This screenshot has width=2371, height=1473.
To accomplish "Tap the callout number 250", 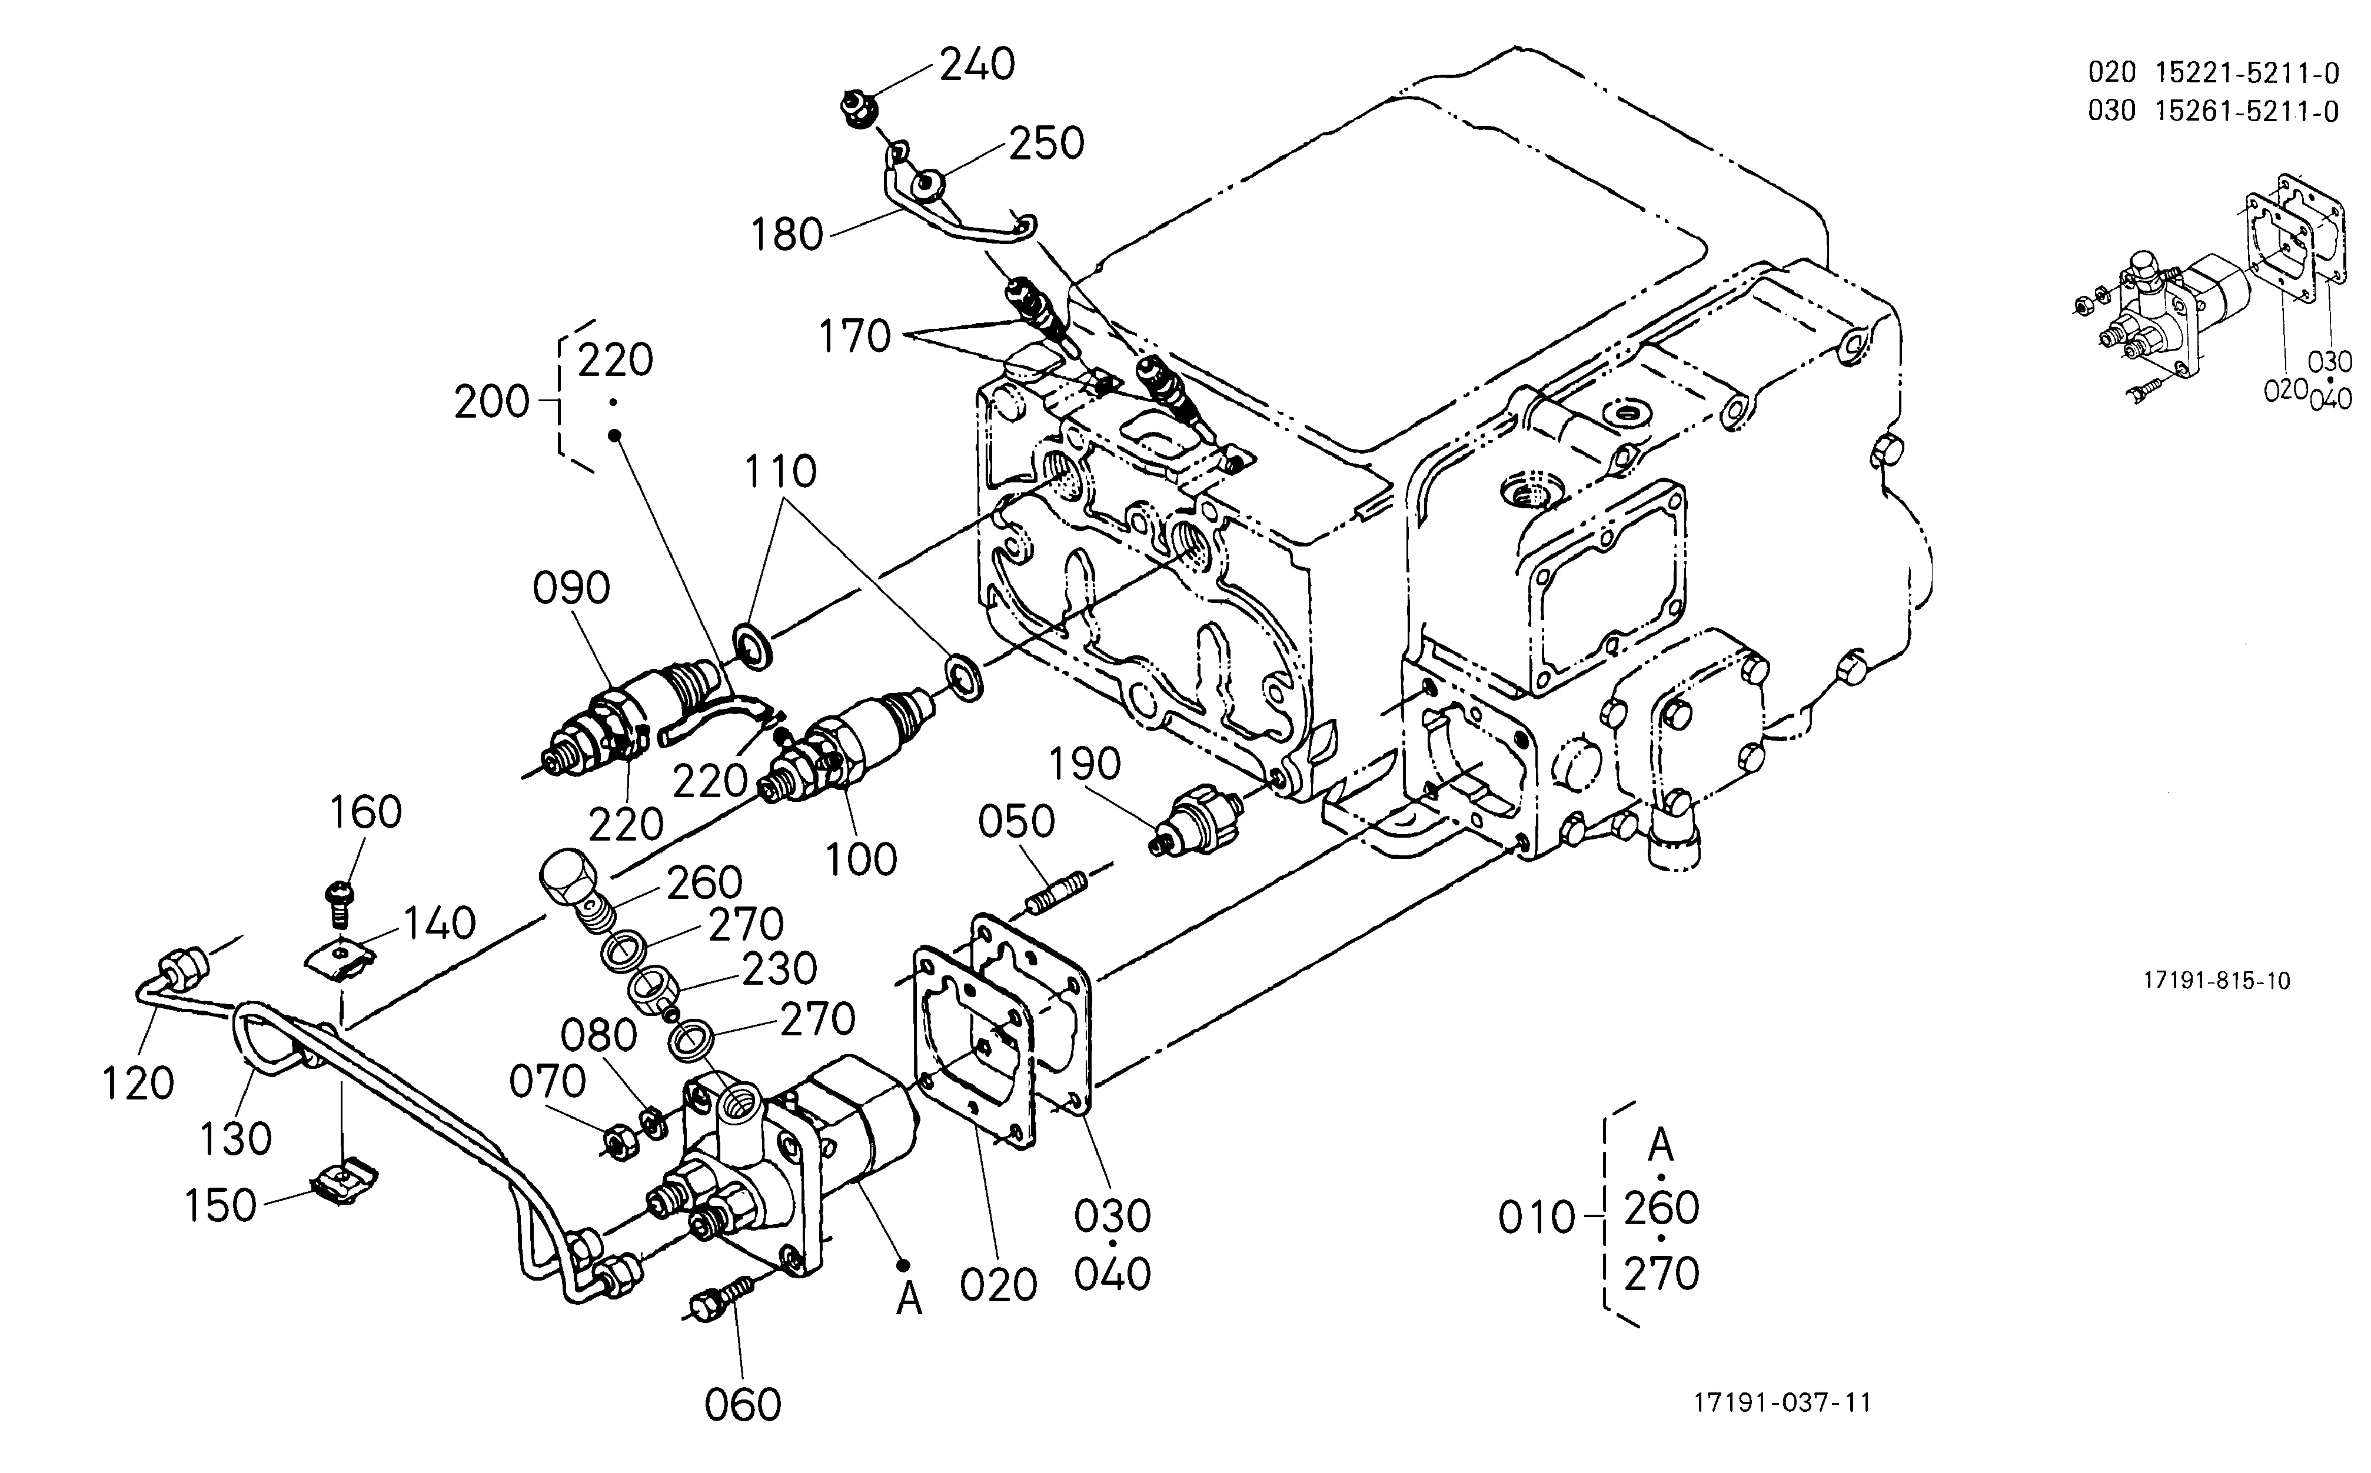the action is click(1047, 143).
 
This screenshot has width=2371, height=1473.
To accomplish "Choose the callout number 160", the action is click(365, 812).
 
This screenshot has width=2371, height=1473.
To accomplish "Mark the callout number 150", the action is click(221, 1206).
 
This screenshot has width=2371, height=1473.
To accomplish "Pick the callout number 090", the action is click(572, 588).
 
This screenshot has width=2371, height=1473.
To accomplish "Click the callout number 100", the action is click(862, 859).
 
